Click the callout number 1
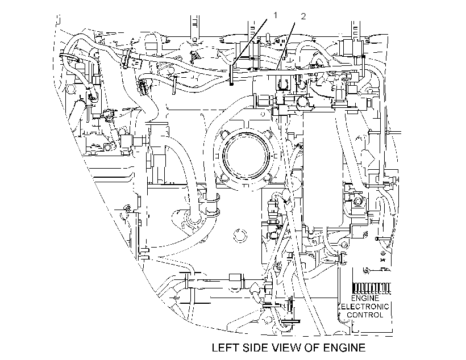pos(275,15)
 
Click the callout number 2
pos(303,16)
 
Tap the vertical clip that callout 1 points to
pos(231,75)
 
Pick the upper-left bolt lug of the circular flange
pos(224,134)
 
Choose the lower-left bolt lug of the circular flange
pos(223,178)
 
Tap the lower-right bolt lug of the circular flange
pos(268,178)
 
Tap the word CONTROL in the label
pos(365,315)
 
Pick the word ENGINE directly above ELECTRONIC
pos(365,298)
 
